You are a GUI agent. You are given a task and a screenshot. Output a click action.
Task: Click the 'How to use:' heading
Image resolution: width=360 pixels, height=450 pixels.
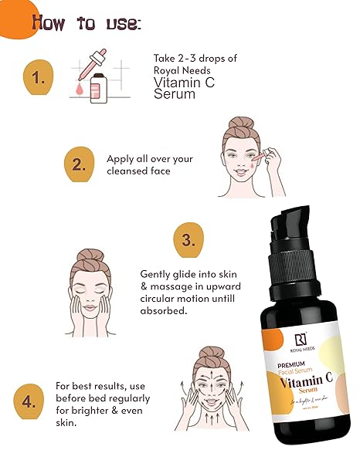(x=86, y=22)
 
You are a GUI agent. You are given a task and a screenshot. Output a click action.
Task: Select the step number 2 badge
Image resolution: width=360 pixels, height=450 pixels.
(x=78, y=163)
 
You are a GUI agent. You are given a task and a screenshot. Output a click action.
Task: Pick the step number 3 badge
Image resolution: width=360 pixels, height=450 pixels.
(x=186, y=239)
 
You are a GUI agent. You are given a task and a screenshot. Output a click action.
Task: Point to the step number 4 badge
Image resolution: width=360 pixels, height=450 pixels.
(x=29, y=401)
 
